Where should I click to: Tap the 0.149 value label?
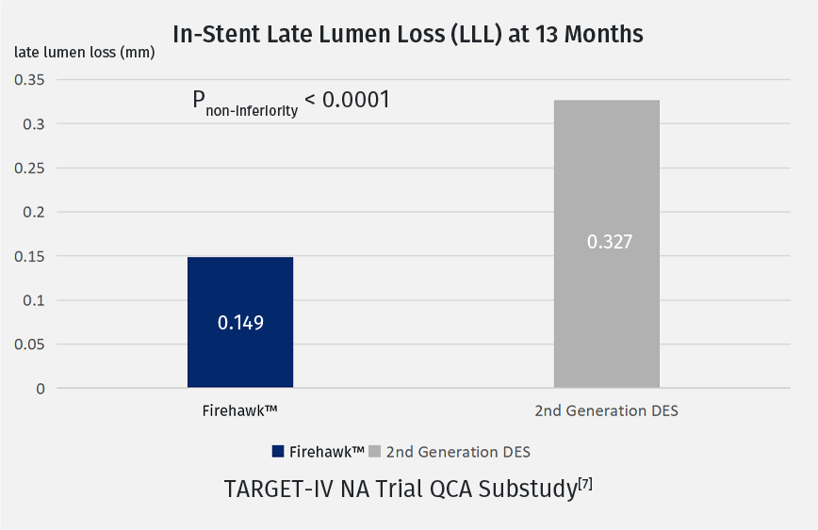(240, 323)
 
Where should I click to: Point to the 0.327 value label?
(610, 242)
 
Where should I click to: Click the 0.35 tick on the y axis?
(29, 79)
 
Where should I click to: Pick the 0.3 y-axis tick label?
(35, 123)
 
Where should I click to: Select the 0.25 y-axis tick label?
(29, 168)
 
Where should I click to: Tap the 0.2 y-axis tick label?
(35, 212)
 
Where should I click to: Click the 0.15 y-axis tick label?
(29, 256)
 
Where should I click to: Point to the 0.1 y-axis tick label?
(35, 300)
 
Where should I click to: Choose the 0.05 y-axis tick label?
(29, 345)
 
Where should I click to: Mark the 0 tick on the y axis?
(41, 388)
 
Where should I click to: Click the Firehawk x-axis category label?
(240, 410)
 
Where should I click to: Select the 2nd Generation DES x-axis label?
(606, 410)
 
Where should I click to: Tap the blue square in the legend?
(277, 452)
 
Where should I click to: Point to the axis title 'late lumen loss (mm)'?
(85, 52)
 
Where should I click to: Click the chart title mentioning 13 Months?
(408, 34)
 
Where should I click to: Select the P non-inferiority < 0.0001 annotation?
(291, 102)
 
